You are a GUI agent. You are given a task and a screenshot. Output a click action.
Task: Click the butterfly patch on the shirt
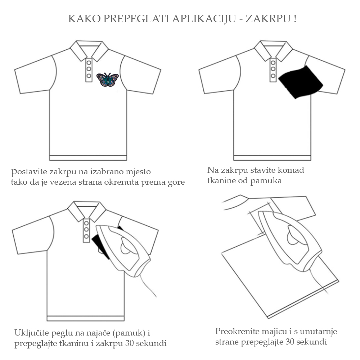tap(107, 80)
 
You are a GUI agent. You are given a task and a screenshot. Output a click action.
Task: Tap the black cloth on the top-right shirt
tap(300, 82)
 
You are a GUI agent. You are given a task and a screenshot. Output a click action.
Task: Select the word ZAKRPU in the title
tap(268, 19)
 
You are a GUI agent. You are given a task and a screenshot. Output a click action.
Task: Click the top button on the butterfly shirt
tap(89, 62)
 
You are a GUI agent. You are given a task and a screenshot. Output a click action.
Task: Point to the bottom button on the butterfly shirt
tap(89, 76)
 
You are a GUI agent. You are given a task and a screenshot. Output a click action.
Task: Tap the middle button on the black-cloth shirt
tap(273, 69)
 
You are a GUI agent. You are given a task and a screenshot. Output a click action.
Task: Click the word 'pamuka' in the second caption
tap(266, 181)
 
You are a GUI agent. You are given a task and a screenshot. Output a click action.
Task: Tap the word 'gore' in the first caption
tap(176, 183)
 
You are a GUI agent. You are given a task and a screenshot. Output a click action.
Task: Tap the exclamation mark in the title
tap(295, 19)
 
